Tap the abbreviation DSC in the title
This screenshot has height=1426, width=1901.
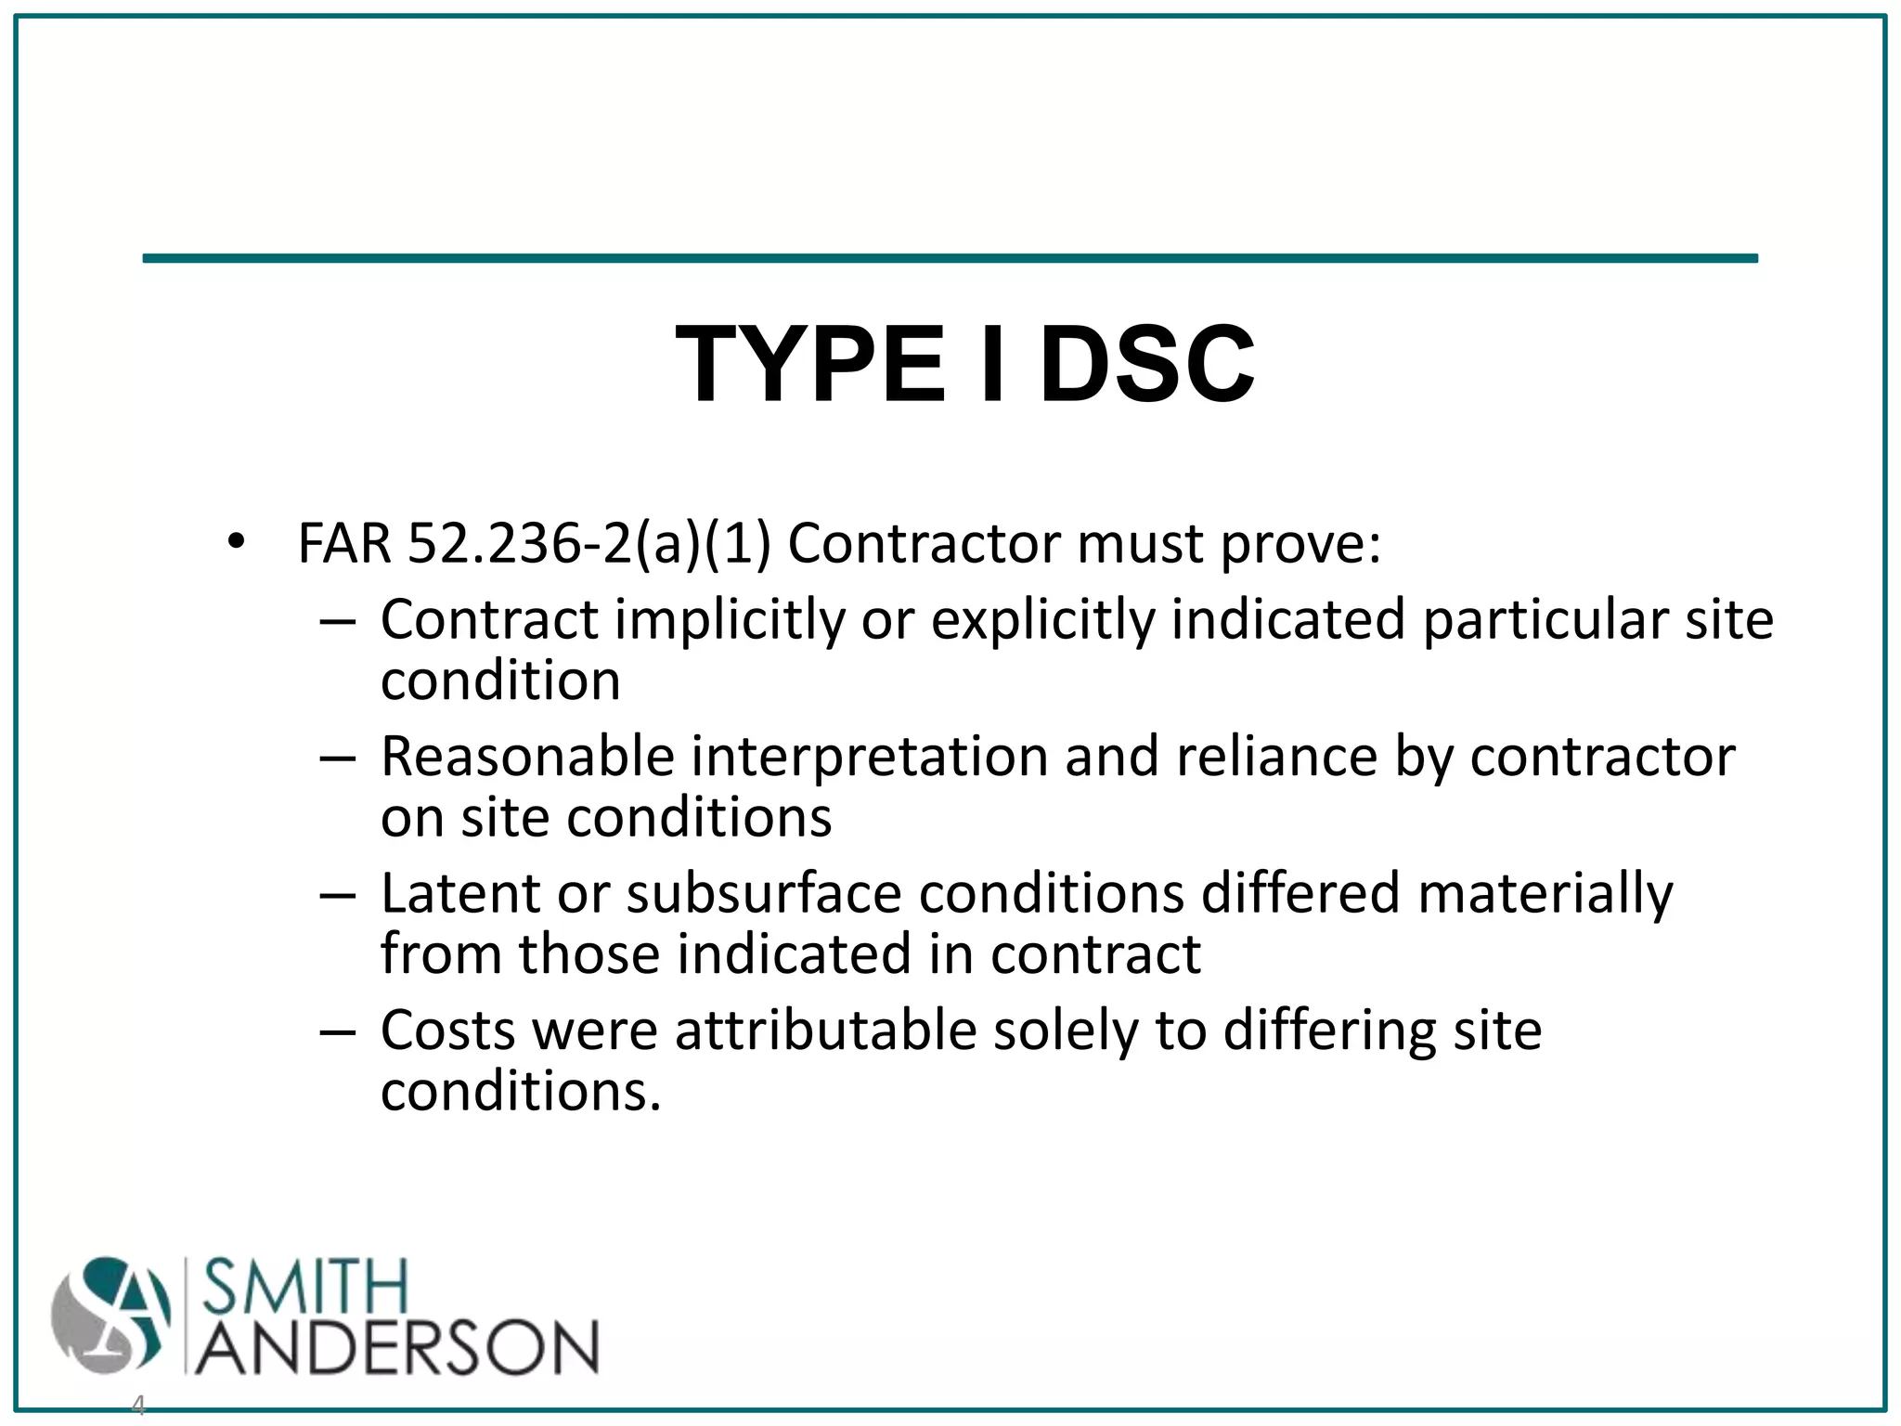tap(1147, 364)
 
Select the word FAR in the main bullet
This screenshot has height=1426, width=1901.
tap(344, 543)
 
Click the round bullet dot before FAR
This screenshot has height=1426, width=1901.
tap(236, 541)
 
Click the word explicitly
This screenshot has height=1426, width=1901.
tap(1042, 620)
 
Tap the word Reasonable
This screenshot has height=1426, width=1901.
tap(527, 756)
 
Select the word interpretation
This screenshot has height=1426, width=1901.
tap(871, 758)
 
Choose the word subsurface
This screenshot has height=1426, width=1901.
tap(763, 893)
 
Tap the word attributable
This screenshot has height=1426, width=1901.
tap(825, 1031)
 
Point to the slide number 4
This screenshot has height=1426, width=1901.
tap(138, 1405)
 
